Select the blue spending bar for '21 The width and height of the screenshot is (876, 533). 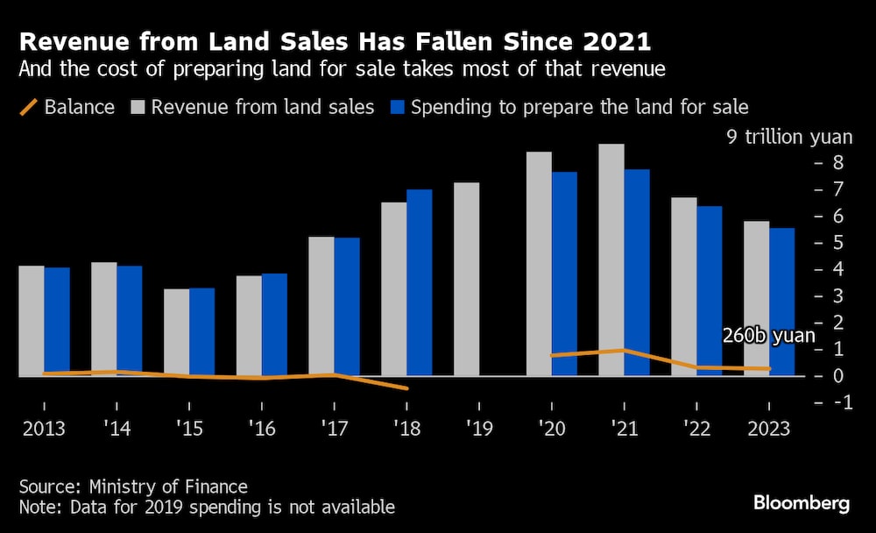637,273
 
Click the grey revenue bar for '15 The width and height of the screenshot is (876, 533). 176,332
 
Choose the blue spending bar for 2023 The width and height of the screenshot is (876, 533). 782,302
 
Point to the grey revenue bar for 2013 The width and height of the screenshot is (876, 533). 32,321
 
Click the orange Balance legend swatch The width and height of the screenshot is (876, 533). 29,108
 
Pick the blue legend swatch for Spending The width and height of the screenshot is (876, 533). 399,108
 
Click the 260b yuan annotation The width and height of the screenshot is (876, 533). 767,335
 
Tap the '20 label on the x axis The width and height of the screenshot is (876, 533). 551,430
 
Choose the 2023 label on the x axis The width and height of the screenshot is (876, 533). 767,430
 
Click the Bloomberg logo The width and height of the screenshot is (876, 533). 802,503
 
